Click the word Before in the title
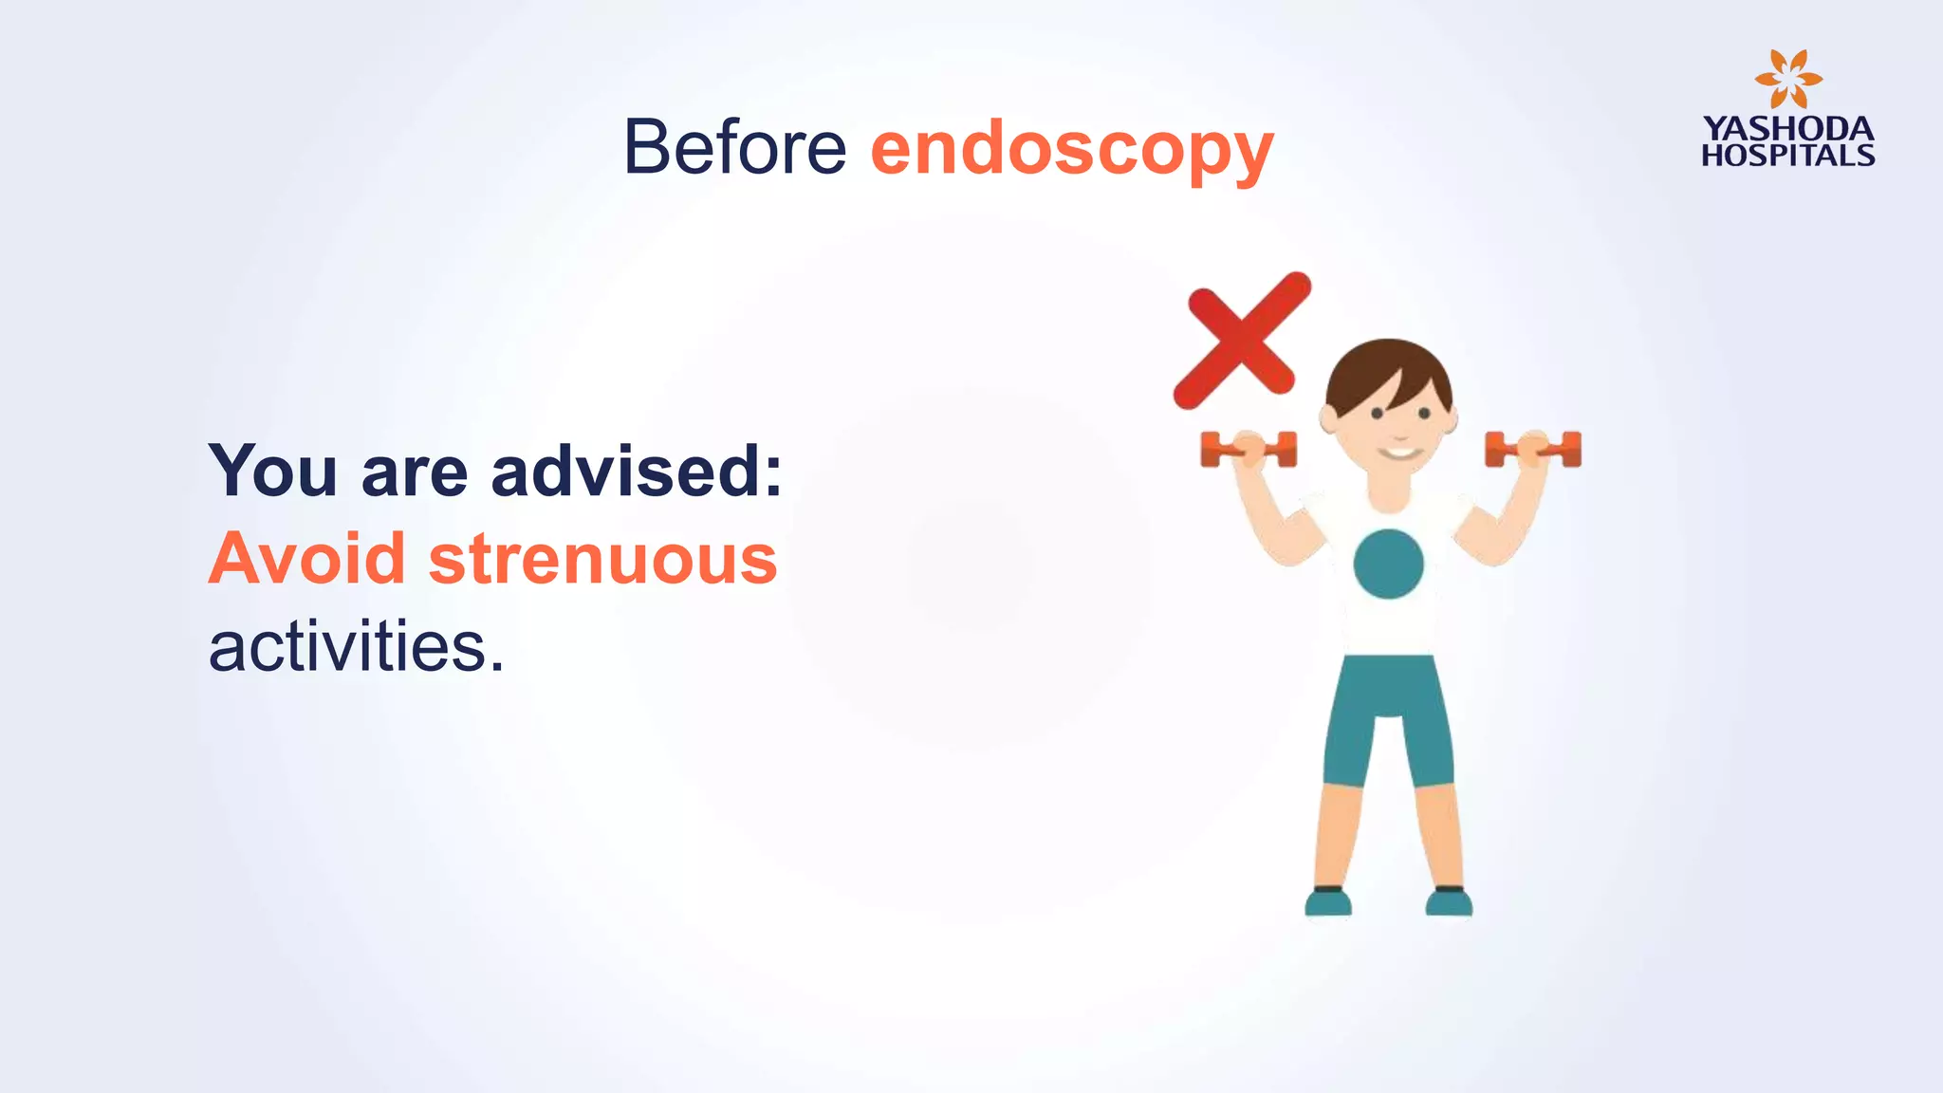[734, 147]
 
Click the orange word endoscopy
[1071, 150]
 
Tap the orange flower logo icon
[1787, 80]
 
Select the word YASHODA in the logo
[1787, 129]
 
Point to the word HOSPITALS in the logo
[1787, 156]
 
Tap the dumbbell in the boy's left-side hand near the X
[1248, 449]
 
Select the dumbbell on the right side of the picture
[1533, 449]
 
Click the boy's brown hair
[1387, 374]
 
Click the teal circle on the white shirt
[1388, 564]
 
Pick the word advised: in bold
[637, 471]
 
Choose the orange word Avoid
[306, 559]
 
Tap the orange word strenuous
[602, 559]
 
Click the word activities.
[356, 647]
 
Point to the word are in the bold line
[415, 472]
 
